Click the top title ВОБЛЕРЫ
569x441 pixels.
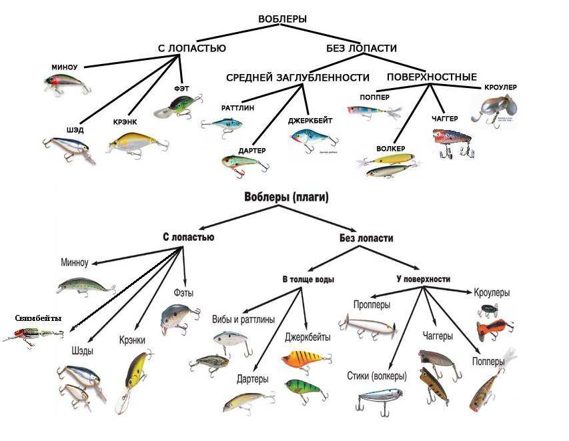tap(282, 19)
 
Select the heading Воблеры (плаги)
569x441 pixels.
tap(286, 197)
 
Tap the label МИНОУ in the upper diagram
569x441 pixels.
tap(65, 67)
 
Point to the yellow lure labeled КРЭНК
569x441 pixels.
tap(136, 142)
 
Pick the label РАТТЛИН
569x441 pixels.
tap(237, 107)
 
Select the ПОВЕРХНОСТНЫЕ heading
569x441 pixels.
tap(432, 77)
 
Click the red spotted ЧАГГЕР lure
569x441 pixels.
tap(452, 141)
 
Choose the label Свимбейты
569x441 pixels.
tap(38, 318)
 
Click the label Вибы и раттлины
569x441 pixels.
tap(243, 320)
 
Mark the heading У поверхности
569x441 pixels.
tap(418, 279)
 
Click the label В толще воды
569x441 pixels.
tap(308, 279)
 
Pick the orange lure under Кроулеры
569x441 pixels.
tap(494, 328)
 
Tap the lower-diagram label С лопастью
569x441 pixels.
tap(188, 237)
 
